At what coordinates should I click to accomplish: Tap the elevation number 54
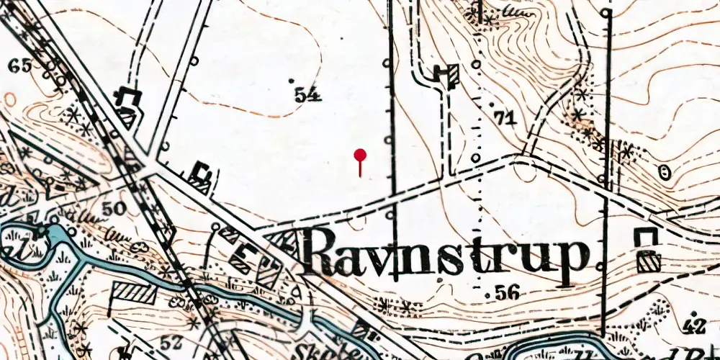pos(307,94)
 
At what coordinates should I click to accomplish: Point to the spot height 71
pos(505,118)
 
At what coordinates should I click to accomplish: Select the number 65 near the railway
pos(20,66)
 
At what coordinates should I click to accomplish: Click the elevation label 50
pos(114,209)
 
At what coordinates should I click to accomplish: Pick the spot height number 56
pos(508,292)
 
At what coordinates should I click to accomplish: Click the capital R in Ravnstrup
pos(324,252)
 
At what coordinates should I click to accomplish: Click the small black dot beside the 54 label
pos(291,80)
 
